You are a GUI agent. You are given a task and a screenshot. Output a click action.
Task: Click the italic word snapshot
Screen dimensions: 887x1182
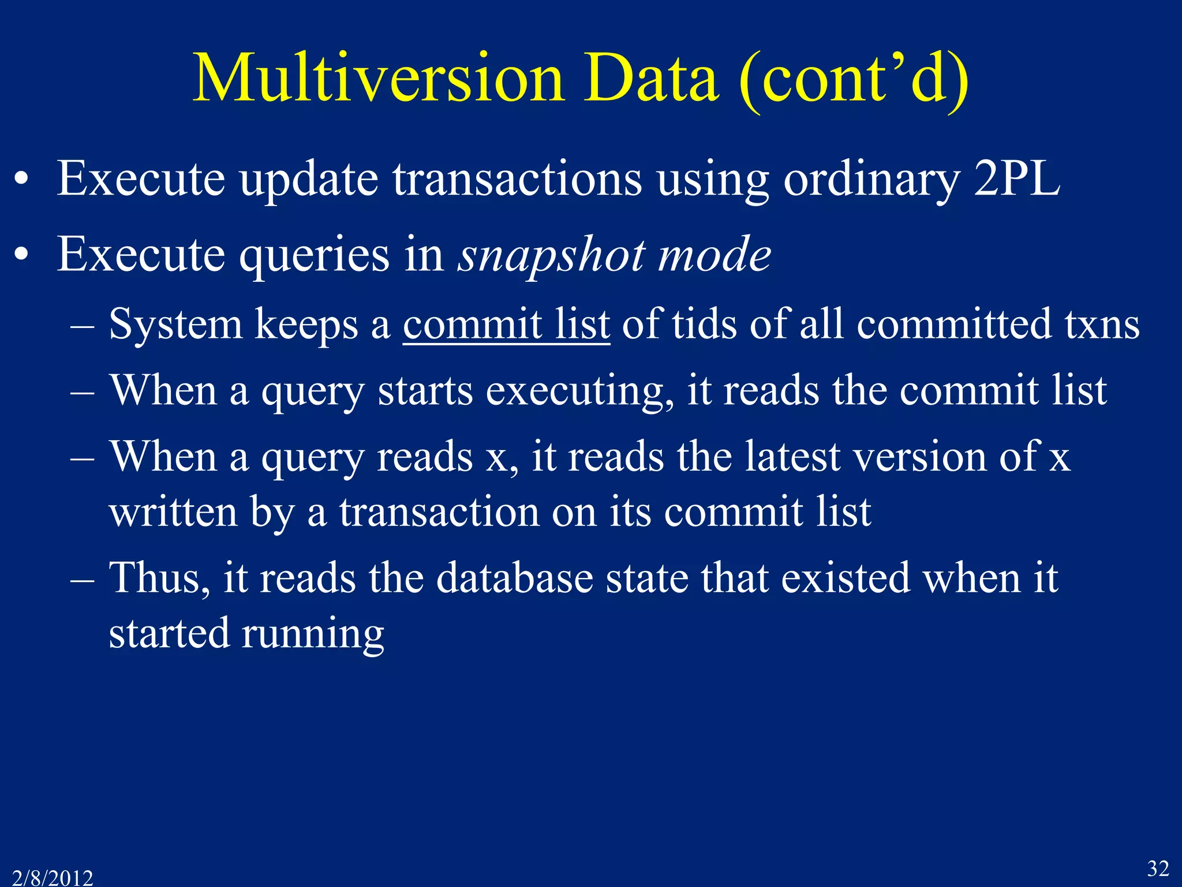(551, 255)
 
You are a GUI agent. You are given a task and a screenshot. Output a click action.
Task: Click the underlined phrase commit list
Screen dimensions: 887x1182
(506, 325)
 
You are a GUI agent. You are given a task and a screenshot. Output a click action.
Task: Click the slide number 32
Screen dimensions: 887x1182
(1158, 868)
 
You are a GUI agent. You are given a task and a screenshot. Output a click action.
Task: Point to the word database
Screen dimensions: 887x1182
(514, 578)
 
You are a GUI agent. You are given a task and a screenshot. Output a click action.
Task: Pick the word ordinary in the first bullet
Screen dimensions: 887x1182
(871, 179)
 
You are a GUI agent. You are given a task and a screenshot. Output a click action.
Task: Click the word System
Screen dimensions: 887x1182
(175, 325)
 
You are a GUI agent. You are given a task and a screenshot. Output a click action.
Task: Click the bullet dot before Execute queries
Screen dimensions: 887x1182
(22, 255)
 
